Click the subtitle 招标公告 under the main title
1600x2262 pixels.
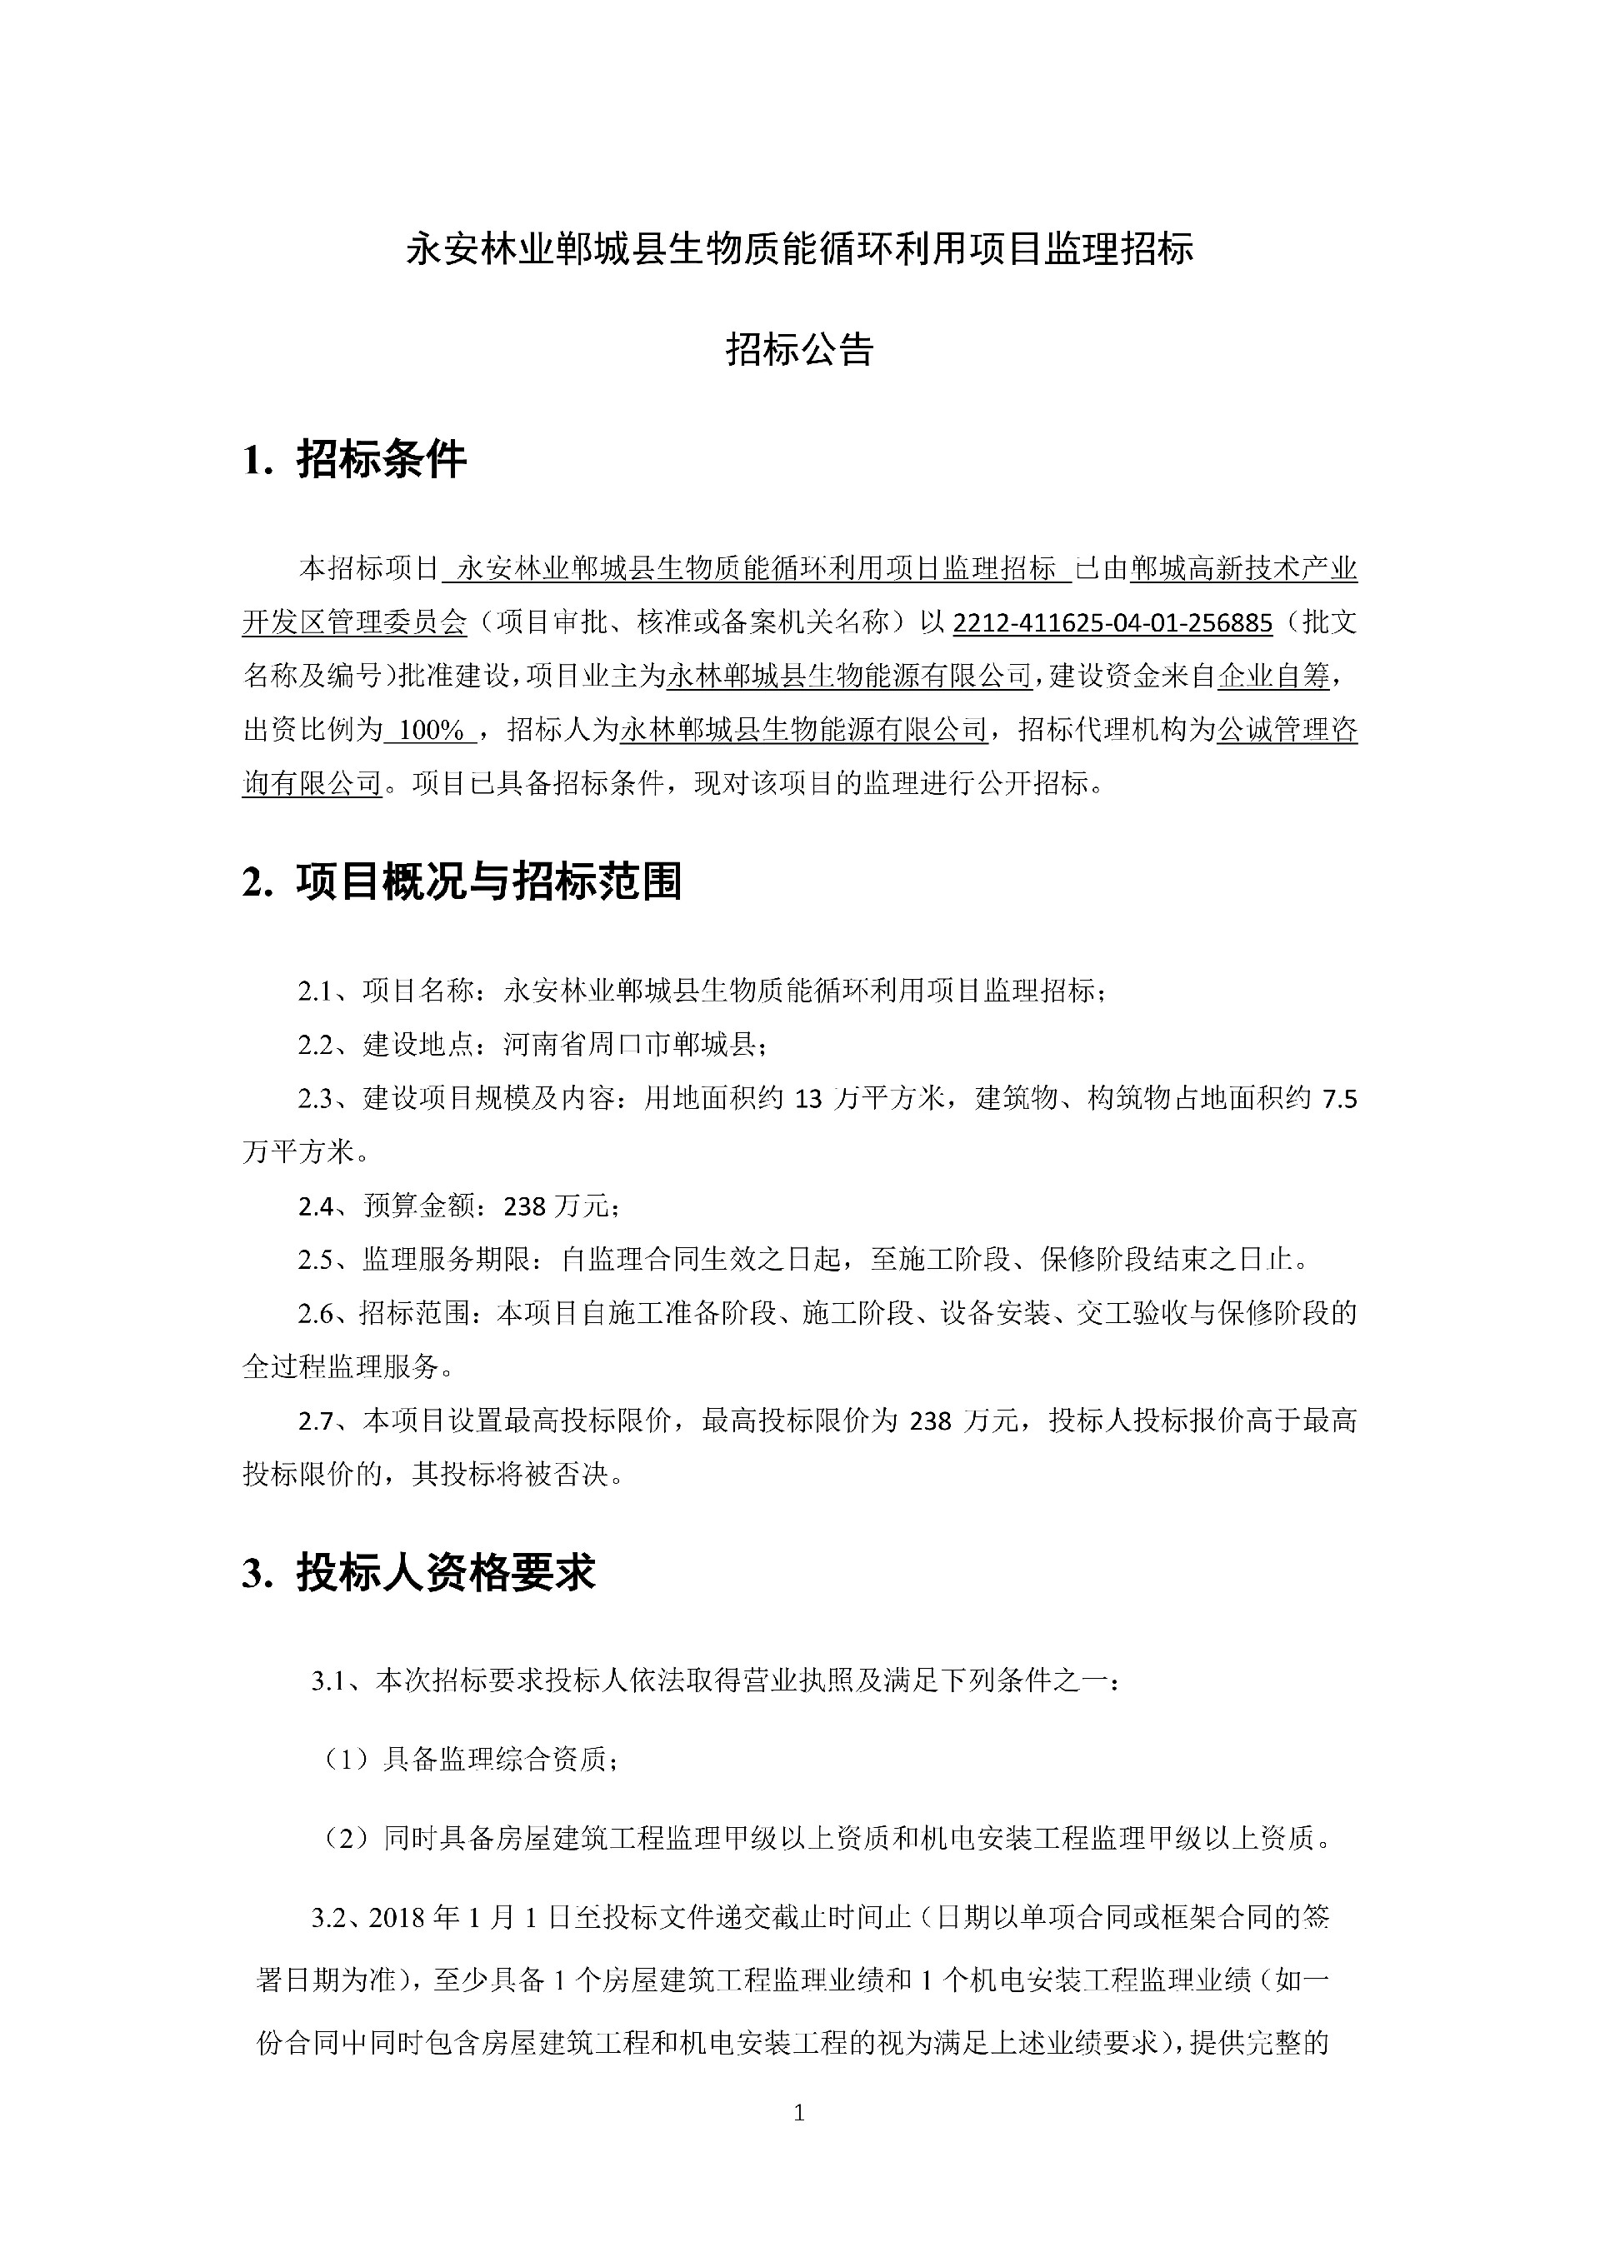click(799, 349)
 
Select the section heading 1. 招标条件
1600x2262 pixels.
click(355, 460)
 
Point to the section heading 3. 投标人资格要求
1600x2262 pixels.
click(418, 1573)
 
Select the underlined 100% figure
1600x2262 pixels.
click(432, 730)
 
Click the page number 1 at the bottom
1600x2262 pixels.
click(799, 2111)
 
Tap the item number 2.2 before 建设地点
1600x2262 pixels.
click(317, 1044)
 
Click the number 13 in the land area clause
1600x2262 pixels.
click(807, 1098)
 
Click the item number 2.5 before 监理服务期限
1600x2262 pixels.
click(317, 1259)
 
